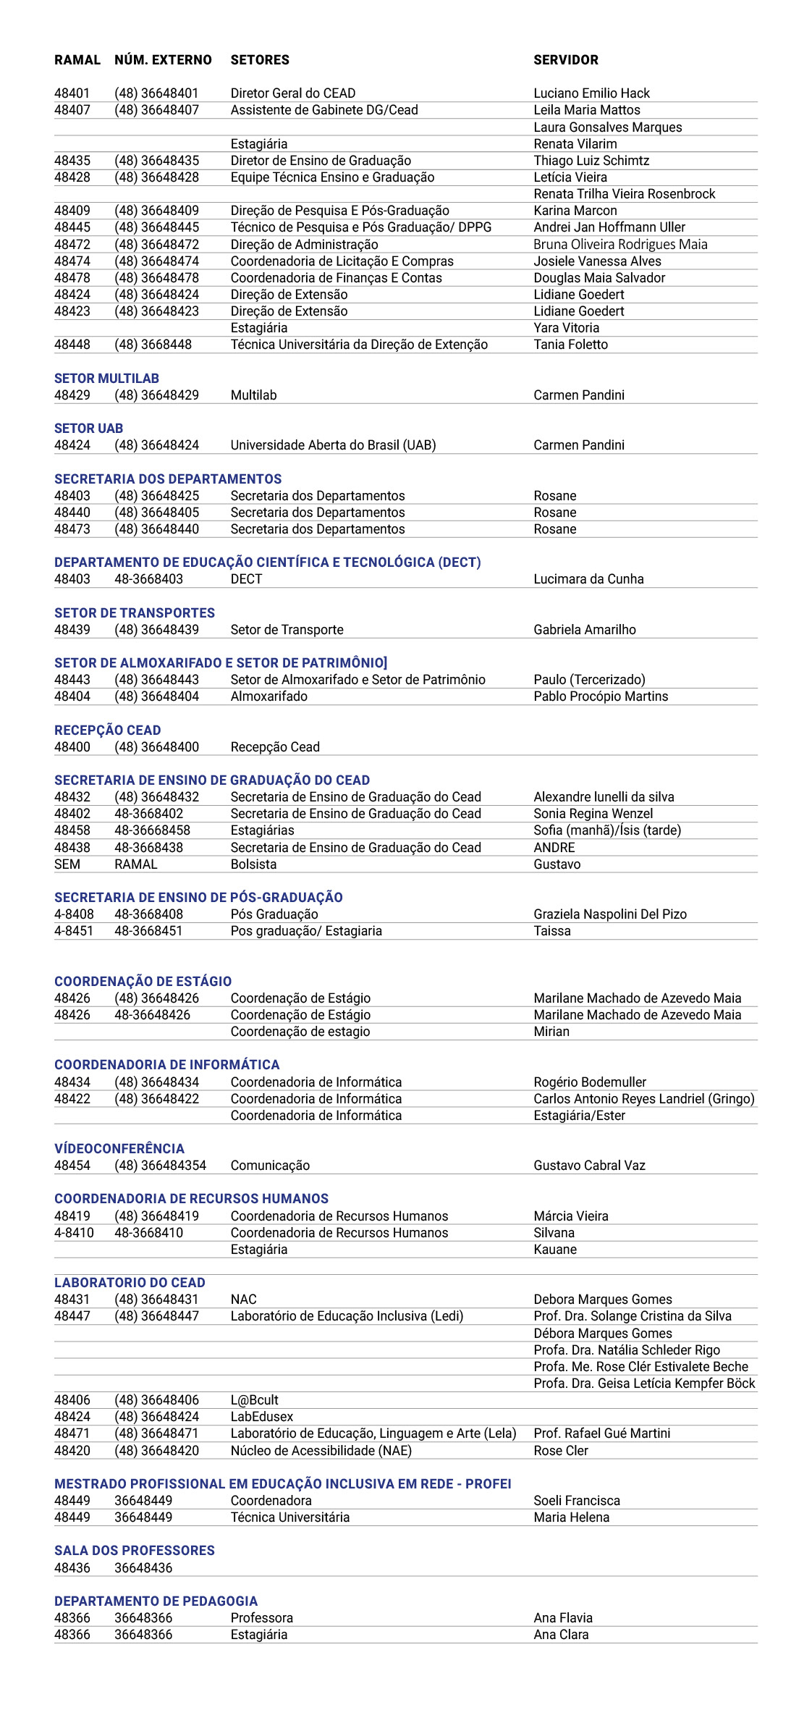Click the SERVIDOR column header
pos(565,60)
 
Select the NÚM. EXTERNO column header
pos(163,60)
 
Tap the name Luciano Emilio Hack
pos(591,93)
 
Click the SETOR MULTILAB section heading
pos(106,379)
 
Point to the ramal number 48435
pos(72,161)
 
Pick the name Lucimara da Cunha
pos(588,579)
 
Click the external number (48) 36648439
pos(156,630)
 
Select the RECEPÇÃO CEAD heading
pos(107,730)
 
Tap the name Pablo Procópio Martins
pos(601,696)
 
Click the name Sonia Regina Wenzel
pos(593,814)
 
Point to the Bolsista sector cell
pos(253,864)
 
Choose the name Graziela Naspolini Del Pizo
pos(610,914)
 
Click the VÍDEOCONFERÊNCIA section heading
pos(119,1149)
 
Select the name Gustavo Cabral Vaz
pos(589,1166)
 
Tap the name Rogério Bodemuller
pos(590,1082)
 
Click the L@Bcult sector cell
pos(254,1400)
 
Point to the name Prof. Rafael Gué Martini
pos(601,1433)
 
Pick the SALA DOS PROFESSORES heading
pos(135,1551)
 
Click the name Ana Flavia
pos(563,1618)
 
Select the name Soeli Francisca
pos(577,1501)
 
